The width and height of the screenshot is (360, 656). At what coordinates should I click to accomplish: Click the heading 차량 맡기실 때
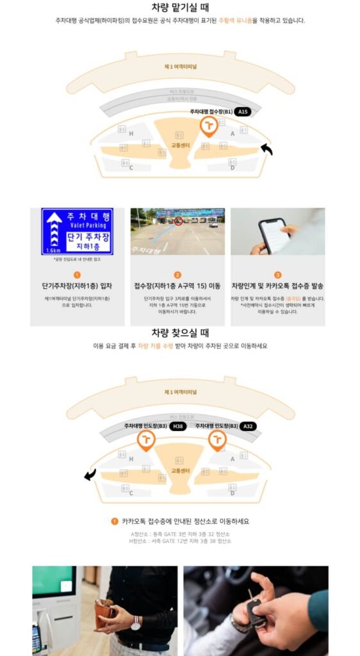click(179, 7)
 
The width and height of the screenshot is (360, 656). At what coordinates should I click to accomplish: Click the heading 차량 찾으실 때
click(179, 333)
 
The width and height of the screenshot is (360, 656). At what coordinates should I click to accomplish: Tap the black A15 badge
click(241, 111)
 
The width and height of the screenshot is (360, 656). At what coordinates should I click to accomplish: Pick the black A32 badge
click(248, 425)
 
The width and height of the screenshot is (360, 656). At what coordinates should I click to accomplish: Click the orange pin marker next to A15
click(208, 126)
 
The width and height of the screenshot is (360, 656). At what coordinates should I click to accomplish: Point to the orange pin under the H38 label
click(146, 439)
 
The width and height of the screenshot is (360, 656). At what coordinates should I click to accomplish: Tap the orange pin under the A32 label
click(217, 439)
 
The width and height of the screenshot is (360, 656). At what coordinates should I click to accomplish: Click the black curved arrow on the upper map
click(266, 149)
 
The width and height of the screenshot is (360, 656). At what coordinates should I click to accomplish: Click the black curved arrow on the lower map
click(90, 474)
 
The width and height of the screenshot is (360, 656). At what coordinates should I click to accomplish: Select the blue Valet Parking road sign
click(77, 231)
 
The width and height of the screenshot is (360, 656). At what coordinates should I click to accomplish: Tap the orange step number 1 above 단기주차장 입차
click(77, 274)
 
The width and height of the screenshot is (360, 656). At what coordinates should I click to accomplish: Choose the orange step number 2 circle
click(177, 274)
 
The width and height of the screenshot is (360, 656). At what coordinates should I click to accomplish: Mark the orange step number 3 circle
click(277, 274)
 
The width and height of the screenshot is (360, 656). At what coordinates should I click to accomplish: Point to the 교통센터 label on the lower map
click(180, 471)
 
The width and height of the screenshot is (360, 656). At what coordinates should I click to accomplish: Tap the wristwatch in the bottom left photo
click(136, 621)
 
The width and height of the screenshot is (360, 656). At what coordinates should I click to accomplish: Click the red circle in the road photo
click(179, 221)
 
